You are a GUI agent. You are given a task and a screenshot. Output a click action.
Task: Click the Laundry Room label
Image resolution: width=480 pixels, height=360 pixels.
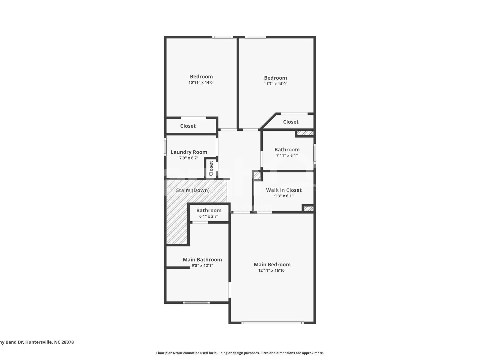pyautogui.click(x=189, y=152)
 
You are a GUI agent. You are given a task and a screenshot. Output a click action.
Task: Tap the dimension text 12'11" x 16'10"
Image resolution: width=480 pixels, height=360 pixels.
pyautogui.click(x=272, y=271)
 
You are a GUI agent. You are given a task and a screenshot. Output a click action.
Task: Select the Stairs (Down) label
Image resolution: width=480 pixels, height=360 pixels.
pyautogui.click(x=193, y=190)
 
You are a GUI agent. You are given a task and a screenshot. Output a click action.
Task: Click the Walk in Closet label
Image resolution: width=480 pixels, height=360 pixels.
pyautogui.click(x=284, y=190)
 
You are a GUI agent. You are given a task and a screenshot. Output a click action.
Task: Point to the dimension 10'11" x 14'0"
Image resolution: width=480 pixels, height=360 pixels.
pyautogui.click(x=201, y=83)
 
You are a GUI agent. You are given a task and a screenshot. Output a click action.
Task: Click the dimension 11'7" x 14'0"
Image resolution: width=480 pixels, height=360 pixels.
pyautogui.click(x=275, y=84)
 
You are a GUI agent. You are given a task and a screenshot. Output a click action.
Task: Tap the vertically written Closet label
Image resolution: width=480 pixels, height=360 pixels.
pyautogui.click(x=211, y=168)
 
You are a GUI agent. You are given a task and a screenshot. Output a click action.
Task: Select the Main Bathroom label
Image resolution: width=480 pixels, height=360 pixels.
pyautogui.click(x=202, y=260)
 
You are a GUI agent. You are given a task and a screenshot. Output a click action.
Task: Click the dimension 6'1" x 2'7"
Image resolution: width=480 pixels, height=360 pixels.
pyautogui.click(x=209, y=217)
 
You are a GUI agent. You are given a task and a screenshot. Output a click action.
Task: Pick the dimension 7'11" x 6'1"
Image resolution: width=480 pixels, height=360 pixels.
pyautogui.click(x=287, y=156)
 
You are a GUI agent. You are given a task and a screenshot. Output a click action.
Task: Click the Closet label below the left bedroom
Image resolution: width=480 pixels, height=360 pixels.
pyautogui.click(x=188, y=126)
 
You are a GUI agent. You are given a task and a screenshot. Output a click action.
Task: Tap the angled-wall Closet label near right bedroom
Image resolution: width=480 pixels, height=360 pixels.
pyautogui.click(x=291, y=122)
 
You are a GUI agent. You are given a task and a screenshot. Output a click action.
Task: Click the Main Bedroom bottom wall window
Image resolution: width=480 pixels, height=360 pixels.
pyautogui.click(x=272, y=323)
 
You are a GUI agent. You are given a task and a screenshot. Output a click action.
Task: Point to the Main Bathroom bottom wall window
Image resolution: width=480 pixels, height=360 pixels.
pyautogui.click(x=196, y=303)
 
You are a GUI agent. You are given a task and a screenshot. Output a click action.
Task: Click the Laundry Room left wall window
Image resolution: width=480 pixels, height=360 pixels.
pyautogui.click(x=165, y=147)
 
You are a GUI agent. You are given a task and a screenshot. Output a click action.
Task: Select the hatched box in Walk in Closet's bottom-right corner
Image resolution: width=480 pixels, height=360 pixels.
pyautogui.click(x=308, y=209)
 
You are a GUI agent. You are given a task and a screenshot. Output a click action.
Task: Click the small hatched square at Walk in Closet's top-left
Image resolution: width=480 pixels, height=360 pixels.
pyautogui.click(x=257, y=175)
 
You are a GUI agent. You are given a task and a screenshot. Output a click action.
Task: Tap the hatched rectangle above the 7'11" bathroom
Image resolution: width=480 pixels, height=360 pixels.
pyautogui.click(x=305, y=133)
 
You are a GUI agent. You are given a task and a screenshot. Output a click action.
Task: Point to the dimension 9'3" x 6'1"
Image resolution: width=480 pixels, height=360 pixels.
pyautogui.click(x=284, y=196)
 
